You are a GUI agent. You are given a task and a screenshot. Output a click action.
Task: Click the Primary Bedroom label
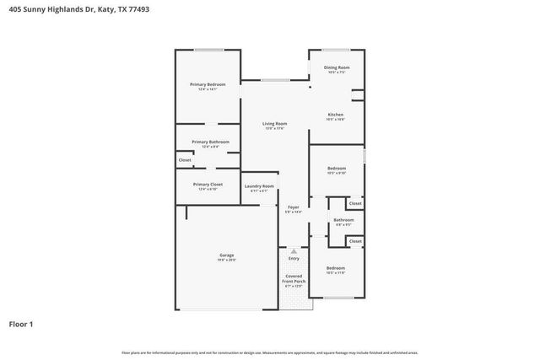pyautogui.click(x=207, y=84)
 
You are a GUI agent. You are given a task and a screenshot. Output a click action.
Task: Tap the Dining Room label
pyautogui.click(x=337, y=67)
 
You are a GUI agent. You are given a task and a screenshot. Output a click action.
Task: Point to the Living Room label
pyautogui.click(x=275, y=124)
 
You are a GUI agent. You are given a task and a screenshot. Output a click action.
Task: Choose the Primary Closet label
pyautogui.click(x=208, y=185)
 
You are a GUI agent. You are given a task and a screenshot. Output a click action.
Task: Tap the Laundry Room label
pyautogui.click(x=259, y=186)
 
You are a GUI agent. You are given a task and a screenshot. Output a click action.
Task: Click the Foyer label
pyautogui.click(x=294, y=207)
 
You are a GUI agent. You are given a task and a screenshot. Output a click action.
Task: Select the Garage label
pyautogui.click(x=227, y=255)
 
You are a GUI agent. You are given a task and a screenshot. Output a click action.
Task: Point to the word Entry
pyautogui.click(x=294, y=258)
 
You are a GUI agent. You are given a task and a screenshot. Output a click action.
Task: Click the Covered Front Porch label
pyautogui.click(x=294, y=279)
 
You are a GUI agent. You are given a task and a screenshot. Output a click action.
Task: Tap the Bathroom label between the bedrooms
pyautogui.click(x=343, y=221)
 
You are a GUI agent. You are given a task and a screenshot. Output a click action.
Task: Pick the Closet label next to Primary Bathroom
pyautogui.click(x=185, y=159)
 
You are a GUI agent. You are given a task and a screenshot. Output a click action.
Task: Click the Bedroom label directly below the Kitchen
pyautogui.click(x=337, y=169)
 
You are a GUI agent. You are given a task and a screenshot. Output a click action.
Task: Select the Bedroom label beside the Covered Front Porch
pyautogui.click(x=336, y=268)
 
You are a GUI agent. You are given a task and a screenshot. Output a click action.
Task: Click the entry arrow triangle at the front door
pyautogui.click(x=294, y=250)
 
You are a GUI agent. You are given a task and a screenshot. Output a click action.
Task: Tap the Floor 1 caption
pyautogui.click(x=21, y=323)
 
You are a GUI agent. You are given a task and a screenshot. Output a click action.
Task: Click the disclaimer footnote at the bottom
pyautogui.click(x=269, y=352)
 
